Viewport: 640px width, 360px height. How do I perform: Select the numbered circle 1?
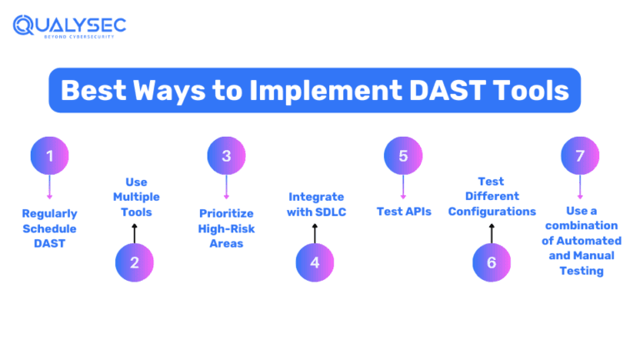pos(49,156)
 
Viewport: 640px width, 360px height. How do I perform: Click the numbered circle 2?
pos(135,262)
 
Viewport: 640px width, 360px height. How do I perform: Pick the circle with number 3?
pos(226,156)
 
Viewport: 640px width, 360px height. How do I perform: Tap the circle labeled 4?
pos(315,262)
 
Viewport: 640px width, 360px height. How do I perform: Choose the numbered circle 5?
pos(403,156)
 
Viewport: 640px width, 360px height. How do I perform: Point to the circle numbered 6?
pos(492,262)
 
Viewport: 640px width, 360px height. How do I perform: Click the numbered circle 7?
pos(580,156)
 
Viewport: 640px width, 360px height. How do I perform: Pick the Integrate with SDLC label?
pos(315,204)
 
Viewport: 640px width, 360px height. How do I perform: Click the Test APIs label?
pos(403,212)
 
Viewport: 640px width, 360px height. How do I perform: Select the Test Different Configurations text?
pos(492,197)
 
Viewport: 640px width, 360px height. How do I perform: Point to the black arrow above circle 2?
pos(135,232)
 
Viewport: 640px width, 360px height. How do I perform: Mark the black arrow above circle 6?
pos(492,232)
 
